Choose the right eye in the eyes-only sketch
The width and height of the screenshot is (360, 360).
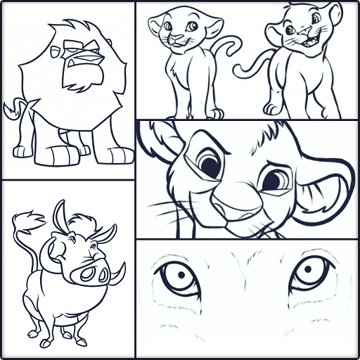point(310,273)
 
